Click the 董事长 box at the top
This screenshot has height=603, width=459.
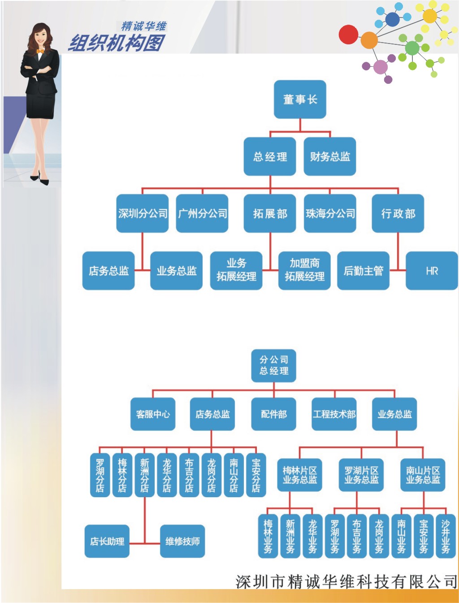300,100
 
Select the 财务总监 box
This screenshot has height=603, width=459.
330,156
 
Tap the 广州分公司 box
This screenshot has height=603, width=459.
202,213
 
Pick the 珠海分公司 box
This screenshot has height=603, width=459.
330,213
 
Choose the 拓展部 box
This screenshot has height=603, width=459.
270,213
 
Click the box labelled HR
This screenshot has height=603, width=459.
432,271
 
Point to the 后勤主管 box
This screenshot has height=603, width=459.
364,271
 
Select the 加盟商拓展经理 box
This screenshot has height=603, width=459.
304,270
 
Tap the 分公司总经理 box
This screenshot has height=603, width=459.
273,365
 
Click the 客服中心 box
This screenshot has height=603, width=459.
153,414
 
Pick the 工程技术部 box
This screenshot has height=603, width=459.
334,414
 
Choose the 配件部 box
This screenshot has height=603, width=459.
273,414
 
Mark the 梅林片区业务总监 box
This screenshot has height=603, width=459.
299,475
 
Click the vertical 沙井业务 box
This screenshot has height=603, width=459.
446,536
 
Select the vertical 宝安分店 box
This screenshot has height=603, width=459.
256,475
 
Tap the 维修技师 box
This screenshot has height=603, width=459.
182,541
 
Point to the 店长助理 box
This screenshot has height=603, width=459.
107,541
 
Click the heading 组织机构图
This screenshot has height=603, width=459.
117,43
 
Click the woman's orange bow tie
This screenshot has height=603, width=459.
40,51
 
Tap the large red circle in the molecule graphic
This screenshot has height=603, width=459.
348,35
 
